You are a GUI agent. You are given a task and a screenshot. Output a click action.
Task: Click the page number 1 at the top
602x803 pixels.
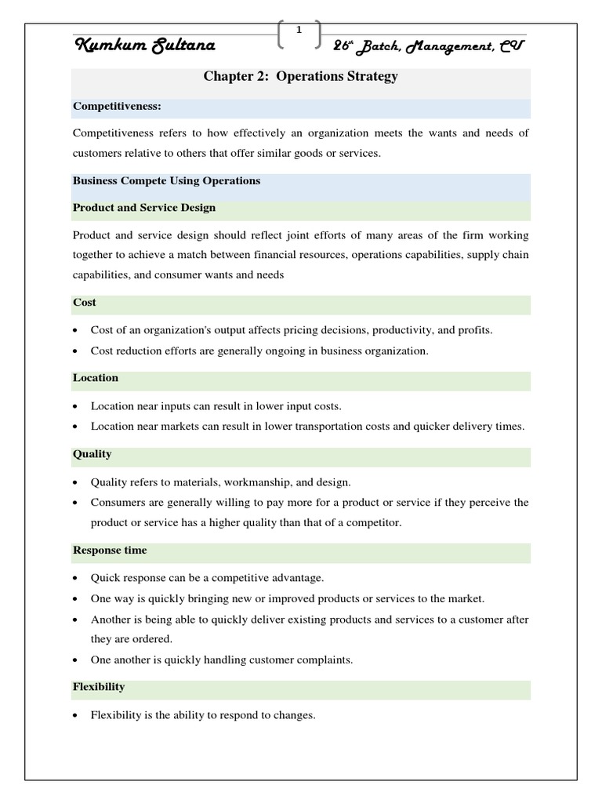click(x=299, y=30)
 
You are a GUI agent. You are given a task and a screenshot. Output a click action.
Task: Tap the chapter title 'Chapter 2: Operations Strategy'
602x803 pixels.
click(x=301, y=77)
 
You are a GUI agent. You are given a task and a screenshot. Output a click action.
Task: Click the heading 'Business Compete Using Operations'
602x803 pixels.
click(x=166, y=180)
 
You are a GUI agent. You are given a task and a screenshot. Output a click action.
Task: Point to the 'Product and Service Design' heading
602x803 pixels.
click(x=143, y=208)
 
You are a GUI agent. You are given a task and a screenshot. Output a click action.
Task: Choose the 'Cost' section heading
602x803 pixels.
click(x=85, y=302)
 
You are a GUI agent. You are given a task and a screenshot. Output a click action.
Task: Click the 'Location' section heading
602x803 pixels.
click(x=96, y=378)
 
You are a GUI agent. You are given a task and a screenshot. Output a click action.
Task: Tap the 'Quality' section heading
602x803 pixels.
click(x=92, y=454)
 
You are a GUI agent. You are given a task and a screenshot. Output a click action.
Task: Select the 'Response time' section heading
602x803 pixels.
click(x=110, y=550)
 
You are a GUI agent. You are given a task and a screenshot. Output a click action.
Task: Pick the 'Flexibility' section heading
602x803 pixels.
click(x=99, y=687)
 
